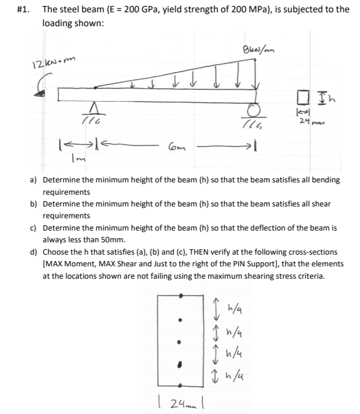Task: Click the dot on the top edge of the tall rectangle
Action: pos(181,295)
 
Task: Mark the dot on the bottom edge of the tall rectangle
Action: pos(181,385)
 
